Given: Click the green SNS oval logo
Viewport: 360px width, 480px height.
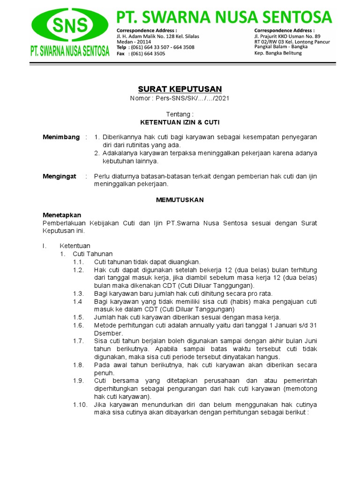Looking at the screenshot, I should click(x=70, y=25).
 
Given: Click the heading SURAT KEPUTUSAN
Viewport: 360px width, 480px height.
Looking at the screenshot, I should click(x=180, y=89).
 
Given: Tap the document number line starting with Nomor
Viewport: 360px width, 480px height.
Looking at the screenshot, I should click(x=180, y=98).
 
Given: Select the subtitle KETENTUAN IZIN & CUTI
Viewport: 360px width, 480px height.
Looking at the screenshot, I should click(x=180, y=122).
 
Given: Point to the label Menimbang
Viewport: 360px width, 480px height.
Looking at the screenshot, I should click(x=61, y=137).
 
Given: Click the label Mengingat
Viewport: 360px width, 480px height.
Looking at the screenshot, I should click(x=60, y=176).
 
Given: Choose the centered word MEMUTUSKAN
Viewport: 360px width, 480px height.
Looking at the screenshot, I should click(x=180, y=200).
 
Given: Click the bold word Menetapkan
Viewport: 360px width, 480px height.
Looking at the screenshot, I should click(x=62, y=215).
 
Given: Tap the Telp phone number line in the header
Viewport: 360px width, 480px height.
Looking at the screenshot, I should click(x=155, y=47).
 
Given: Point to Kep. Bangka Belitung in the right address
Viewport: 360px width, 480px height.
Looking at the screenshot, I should click(x=278, y=53).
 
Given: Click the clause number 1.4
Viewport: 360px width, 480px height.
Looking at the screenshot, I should click(x=78, y=301).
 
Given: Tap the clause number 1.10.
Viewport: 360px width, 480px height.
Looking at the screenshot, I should click(x=80, y=405).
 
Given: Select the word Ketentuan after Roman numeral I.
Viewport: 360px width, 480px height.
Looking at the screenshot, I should click(x=75, y=246).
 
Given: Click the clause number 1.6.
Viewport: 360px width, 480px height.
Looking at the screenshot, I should click(x=78, y=325).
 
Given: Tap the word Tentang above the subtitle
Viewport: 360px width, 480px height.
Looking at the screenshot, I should click(x=180, y=114).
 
